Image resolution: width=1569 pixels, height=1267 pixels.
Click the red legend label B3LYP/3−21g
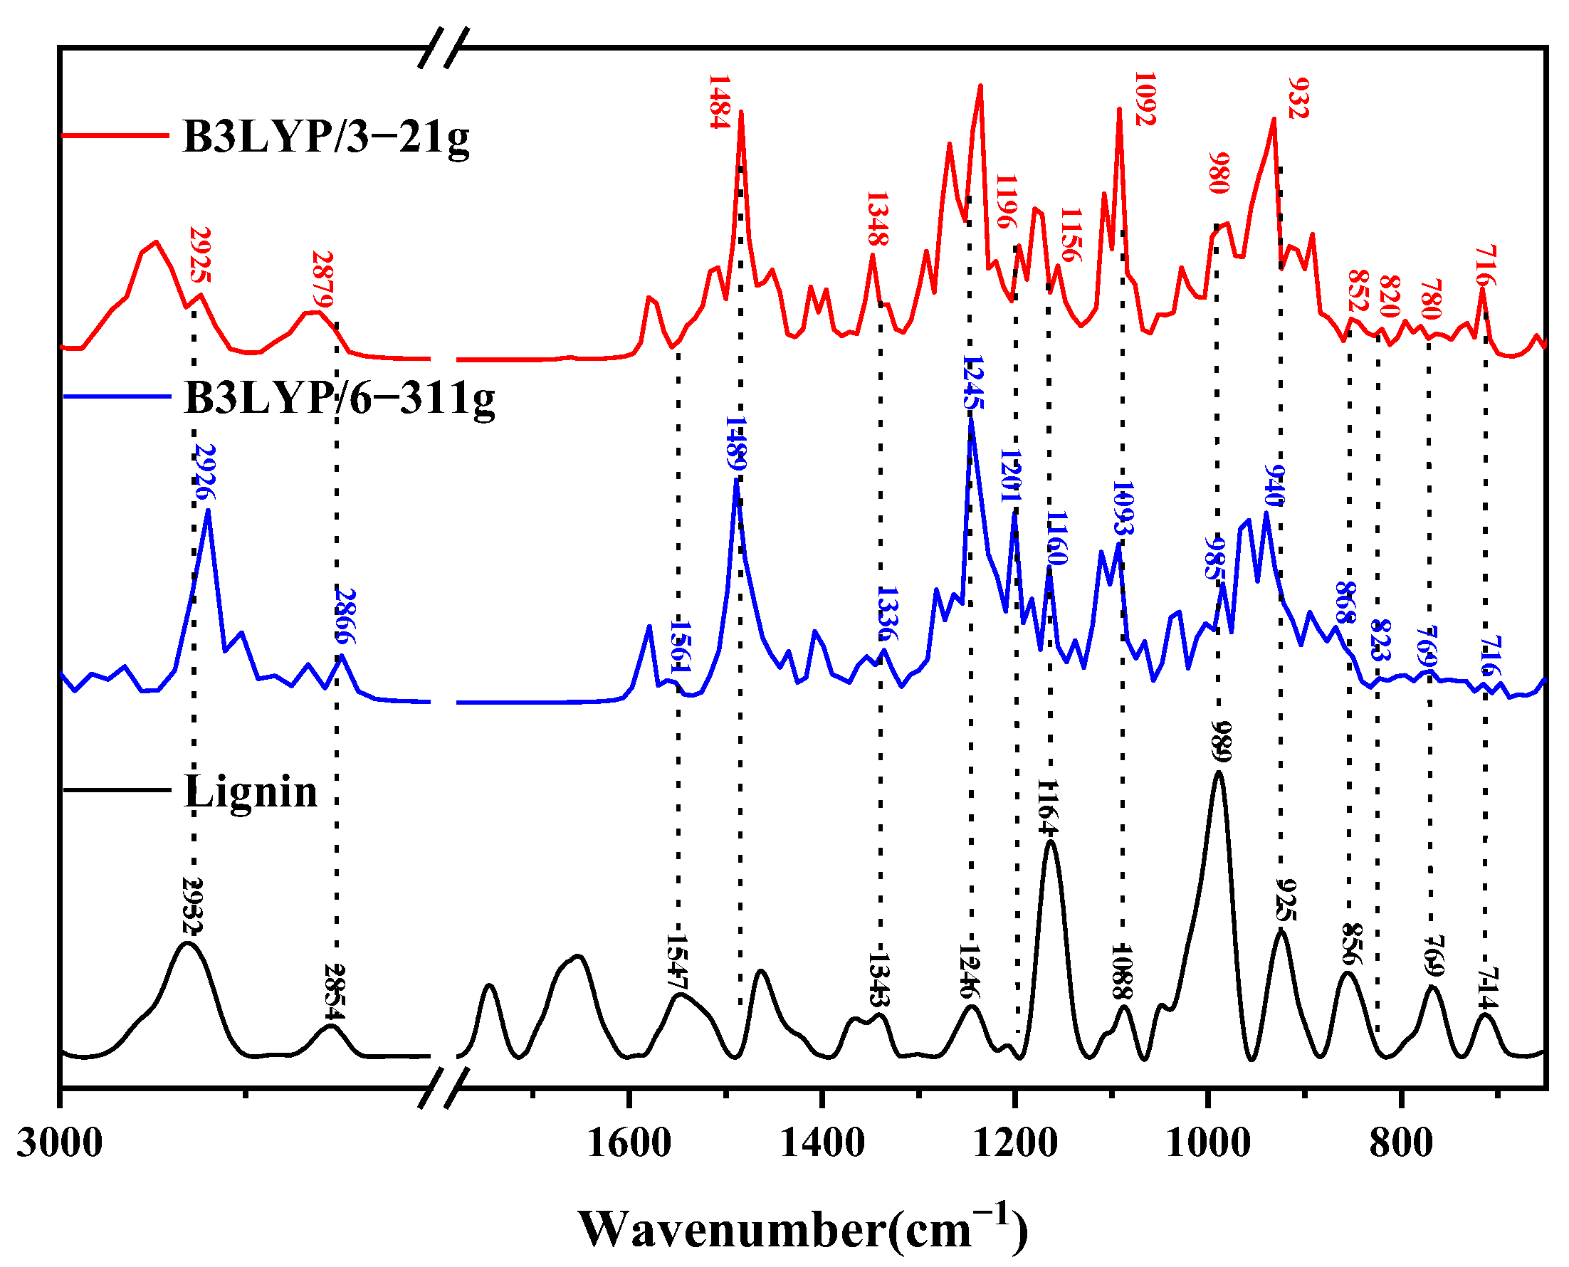coord(326,137)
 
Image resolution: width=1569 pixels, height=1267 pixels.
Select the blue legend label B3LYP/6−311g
coord(340,398)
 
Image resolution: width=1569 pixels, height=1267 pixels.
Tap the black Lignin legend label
coord(251,791)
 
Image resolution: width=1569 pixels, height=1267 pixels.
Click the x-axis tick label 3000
coord(60,1143)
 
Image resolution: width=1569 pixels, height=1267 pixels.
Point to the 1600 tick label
coord(629,1143)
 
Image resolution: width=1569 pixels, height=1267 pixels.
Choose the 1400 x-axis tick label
coord(822,1143)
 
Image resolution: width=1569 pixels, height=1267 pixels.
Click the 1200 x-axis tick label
coord(1015,1143)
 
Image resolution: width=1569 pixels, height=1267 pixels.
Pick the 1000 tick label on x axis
coord(1209,1143)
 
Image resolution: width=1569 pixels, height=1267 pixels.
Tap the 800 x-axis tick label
coord(1401,1143)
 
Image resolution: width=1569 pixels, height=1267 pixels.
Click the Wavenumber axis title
coord(803,1229)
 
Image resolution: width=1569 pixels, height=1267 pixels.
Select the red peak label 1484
coord(720,102)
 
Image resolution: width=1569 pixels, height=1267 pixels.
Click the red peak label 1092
coord(1145,98)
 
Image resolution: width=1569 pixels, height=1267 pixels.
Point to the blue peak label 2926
coord(205,471)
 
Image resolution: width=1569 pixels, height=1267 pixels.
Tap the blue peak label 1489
coord(735,443)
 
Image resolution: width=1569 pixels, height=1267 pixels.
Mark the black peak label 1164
coord(1048,807)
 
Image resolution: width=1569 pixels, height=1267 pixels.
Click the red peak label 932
coord(1298,98)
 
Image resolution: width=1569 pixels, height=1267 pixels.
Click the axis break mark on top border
coord(443,48)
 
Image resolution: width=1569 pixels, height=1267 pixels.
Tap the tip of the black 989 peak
coord(1218,772)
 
